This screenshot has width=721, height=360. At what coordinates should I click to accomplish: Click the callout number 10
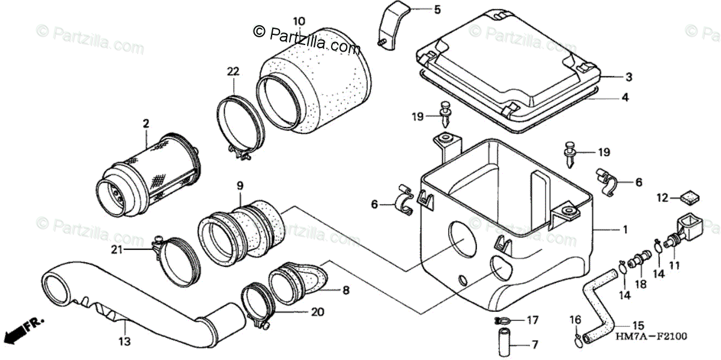pyautogui.click(x=299, y=22)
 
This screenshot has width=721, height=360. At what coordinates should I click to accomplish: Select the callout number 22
pyautogui.click(x=233, y=72)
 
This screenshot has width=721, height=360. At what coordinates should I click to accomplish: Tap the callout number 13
pyautogui.click(x=124, y=341)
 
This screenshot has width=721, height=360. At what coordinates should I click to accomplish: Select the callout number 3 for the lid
pyautogui.click(x=628, y=77)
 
